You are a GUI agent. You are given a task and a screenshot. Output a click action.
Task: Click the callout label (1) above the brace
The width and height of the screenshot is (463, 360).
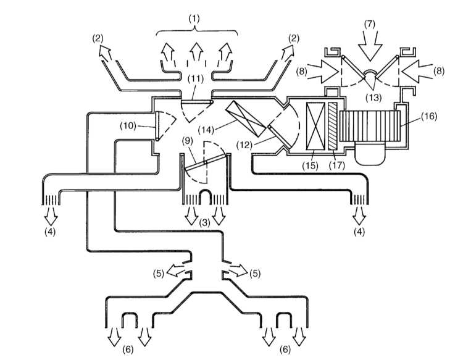[x=194, y=19]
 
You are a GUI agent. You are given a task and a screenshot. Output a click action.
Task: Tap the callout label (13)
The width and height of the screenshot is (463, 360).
[x=373, y=97]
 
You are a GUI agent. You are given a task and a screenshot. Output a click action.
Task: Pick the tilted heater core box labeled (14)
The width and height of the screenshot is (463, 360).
[x=245, y=119]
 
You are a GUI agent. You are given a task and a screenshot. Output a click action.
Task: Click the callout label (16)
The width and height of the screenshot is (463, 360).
[x=429, y=116]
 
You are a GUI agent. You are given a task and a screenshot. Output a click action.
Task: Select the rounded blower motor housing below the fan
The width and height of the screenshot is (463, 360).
[x=370, y=154]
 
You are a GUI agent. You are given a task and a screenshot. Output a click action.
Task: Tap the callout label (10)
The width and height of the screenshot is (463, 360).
[x=128, y=126]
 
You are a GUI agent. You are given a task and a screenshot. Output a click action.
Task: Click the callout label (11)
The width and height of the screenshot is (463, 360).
[x=196, y=78]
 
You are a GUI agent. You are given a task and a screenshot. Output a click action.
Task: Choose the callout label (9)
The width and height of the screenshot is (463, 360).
[x=186, y=141]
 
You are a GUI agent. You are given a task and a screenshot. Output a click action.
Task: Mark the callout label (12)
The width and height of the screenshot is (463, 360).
[x=245, y=145]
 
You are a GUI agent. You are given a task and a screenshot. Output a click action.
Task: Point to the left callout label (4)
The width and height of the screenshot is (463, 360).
[x=50, y=232]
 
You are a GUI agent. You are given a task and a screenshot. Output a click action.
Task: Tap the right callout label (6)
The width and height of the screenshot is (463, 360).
[x=285, y=350]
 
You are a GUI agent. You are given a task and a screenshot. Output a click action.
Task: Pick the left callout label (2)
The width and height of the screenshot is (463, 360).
[x=98, y=38]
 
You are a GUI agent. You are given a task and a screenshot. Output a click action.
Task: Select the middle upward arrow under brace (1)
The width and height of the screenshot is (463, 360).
[x=196, y=52]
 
